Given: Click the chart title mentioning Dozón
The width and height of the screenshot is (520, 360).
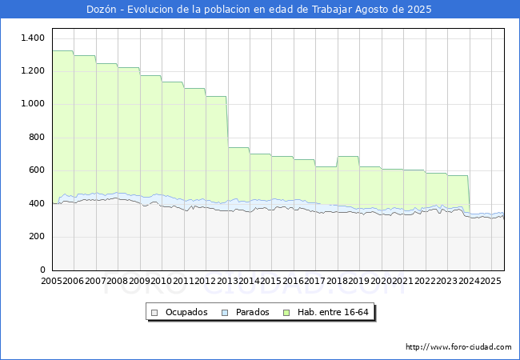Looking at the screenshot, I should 259,10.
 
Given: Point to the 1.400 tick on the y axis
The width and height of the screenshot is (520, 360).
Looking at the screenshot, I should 33,38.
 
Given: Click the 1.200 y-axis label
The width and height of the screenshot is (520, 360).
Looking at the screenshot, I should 33,71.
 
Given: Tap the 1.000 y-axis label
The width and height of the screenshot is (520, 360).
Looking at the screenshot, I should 33,104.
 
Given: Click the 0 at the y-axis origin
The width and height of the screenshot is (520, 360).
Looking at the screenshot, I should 42,270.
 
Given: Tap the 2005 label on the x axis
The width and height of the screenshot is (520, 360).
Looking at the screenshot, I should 52,282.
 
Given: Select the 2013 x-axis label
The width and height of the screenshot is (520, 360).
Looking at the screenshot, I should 227,282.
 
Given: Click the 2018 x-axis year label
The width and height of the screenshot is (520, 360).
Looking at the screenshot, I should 337,282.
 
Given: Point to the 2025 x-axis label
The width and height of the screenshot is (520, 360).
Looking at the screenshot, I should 490,282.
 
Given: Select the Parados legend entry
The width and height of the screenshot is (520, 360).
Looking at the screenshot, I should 252,312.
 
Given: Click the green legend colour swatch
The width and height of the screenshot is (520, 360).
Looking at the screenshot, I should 294,312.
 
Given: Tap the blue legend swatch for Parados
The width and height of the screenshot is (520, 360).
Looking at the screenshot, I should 226,312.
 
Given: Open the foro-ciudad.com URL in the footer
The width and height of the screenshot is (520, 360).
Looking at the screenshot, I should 458,347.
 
